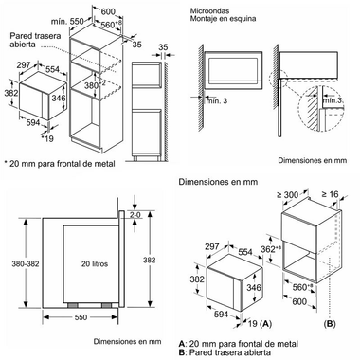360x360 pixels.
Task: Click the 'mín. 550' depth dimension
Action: coord(67,22)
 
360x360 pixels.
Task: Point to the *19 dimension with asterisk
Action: coord(47,138)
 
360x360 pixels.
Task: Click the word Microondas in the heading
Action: coord(209,11)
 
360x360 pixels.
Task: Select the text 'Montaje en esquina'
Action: coord(223,18)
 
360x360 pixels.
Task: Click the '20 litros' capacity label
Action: coord(95,263)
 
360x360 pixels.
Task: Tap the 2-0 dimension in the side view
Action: coord(135,215)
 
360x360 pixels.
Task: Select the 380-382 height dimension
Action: coord(26,263)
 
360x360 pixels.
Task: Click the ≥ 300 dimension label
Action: coord(287,195)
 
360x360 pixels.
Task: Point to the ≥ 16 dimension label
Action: coord(330,194)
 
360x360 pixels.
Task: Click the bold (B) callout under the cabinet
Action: coord(330,324)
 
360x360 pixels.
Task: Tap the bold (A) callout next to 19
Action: coord(265,323)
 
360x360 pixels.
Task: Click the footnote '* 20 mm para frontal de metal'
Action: coord(60,164)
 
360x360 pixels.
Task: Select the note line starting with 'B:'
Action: coord(225,352)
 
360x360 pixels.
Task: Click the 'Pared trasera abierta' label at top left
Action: coord(35,40)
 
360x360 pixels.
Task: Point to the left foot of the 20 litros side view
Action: coord(73,305)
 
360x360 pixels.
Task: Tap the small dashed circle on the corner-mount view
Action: coord(279,78)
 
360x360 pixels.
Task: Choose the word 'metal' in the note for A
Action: coord(287,344)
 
